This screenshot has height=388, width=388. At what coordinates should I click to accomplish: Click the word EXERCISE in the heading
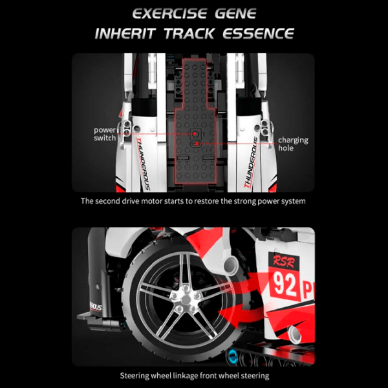(x=169, y=14)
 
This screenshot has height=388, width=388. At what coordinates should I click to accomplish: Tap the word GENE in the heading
(x=235, y=14)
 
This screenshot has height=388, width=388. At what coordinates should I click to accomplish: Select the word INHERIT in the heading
(x=125, y=34)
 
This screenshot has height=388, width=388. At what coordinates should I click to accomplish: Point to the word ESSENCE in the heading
(x=258, y=34)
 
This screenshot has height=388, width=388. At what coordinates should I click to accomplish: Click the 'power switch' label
(x=105, y=134)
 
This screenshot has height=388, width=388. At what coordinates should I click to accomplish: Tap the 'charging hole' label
(x=293, y=144)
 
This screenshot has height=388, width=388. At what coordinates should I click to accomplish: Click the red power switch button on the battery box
(x=195, y=134)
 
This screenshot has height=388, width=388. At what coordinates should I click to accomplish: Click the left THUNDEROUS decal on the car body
(x=144, y=164)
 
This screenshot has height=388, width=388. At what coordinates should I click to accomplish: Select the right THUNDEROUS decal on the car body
(x=251, y=162)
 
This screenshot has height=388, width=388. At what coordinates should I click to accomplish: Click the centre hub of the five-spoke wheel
(x=186, y=298)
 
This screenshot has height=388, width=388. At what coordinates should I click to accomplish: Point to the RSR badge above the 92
(x=284, y=261)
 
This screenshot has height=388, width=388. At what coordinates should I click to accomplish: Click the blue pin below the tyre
(x=232, y=356)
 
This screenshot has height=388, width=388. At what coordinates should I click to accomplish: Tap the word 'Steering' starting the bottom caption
(x=135, y=376)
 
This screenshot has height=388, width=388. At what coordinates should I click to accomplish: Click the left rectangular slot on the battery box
(x=183, y=158)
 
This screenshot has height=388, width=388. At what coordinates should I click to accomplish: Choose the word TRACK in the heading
(x=189, y=34)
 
